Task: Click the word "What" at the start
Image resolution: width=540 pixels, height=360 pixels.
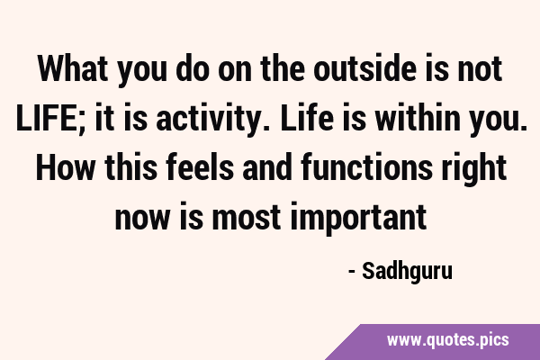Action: (x=72, y=69)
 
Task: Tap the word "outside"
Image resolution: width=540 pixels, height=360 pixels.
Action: (x=364, y=69)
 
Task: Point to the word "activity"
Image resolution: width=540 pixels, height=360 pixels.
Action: (x=209, y=119)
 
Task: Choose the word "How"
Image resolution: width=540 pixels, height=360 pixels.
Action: (x=65, y=167)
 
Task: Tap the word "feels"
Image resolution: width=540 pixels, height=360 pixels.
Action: (x=200, y=167)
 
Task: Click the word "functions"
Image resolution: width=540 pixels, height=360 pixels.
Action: (x=366, y=167)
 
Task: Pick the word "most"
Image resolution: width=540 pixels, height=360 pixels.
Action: (x=247, y=218)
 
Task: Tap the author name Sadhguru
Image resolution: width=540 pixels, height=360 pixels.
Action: (x=407, y=272)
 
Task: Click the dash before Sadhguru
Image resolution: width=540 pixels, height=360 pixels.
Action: (x=352, y=273)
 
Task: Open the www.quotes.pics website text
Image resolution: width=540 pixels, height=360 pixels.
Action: (x=447, y=340)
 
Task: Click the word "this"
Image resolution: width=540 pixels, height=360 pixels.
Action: (x=130, y=167)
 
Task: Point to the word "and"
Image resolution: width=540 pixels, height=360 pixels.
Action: (x=267, y=167)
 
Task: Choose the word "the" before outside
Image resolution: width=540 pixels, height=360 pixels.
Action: (x=283, y=69)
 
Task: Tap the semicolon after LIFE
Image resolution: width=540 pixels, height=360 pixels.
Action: (x=85, y=122)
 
